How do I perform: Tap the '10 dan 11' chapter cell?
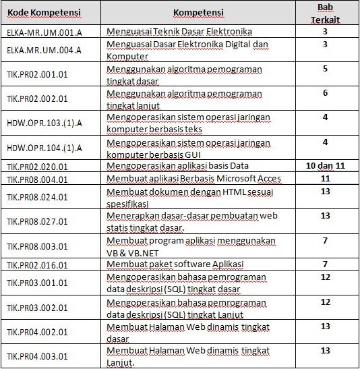pos(326,165)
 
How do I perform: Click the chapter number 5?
pos(325,69)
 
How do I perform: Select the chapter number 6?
pos(325,93)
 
